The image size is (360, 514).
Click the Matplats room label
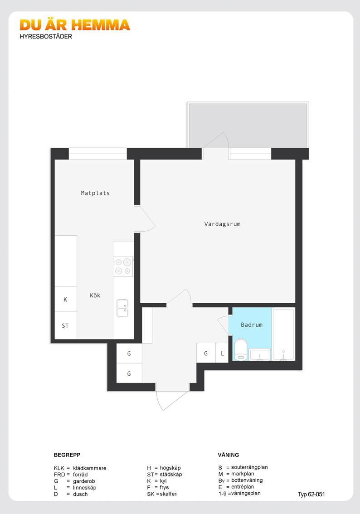click(95, 193)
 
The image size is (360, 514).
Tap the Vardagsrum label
click(222, 224)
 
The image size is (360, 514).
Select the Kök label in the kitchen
click(95, 296)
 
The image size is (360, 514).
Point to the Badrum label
click(252, 325)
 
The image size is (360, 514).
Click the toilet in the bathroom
click(241, 349)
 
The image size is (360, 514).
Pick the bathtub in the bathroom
click(283, 334)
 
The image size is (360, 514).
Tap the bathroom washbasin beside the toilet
click(259, 355)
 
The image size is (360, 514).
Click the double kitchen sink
click(122, 308)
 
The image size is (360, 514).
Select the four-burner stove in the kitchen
click(123, 267)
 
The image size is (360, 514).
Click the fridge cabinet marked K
click(66, 299)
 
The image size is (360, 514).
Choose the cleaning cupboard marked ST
click(66, 325)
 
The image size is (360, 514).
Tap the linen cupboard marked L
click(222, 353)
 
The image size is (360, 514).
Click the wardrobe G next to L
click(206, 353)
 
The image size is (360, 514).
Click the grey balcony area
click(248, 125)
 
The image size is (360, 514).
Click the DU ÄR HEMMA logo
click(75, 25)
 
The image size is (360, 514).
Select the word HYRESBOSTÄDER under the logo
click(46, 36)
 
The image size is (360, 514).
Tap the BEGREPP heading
click(67, 455)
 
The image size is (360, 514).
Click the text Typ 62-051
click(311, 495)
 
